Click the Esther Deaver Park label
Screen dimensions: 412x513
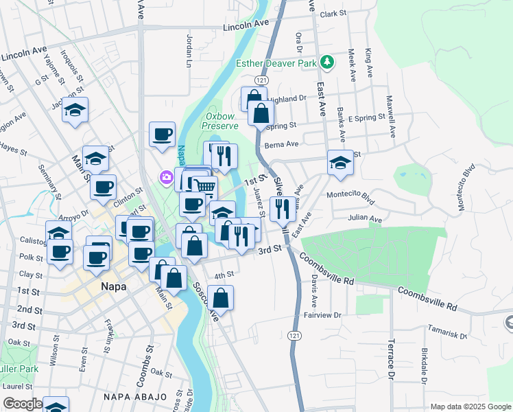point(276,63)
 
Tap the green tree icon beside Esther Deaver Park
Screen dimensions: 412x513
point(328,62)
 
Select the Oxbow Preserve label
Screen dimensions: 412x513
point(221,121)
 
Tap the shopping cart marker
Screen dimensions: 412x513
point(204,186)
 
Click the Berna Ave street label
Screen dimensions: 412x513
point(283,144)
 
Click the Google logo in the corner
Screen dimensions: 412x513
point(23,404)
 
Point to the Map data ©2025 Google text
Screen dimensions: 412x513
point(470,407)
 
